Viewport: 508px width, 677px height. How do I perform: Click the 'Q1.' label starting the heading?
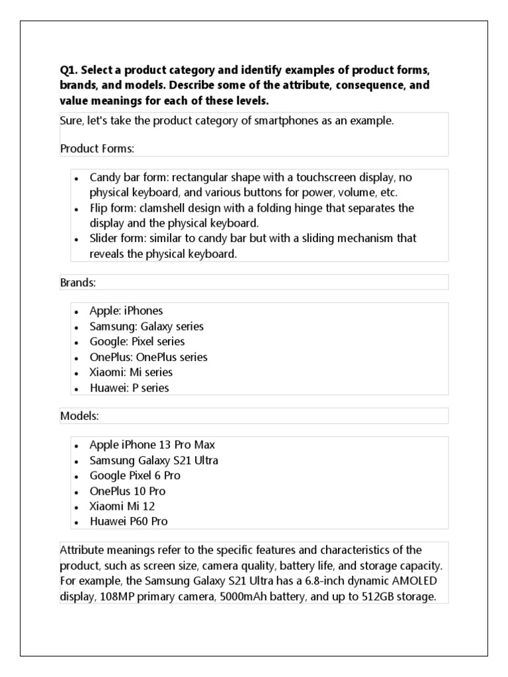tap(69, 71)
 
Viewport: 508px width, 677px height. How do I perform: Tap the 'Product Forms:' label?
tap(97, 148)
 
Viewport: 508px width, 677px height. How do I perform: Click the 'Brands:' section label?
tap(79, 282)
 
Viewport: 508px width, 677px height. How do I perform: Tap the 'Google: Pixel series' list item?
tap(137, 342)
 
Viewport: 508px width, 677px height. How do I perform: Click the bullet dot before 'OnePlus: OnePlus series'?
tap(77, 358)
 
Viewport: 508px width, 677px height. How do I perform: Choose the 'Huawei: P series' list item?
tap(129, 388)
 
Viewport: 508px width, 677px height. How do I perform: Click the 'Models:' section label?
tap(79, 416)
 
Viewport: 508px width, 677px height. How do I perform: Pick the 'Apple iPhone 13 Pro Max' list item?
tap(152, 445)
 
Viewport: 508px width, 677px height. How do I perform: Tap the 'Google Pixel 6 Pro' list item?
tap(135, 475)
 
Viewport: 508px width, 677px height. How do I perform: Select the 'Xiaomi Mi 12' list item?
tap(122, 506)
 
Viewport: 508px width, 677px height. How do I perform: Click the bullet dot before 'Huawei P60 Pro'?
tap(77, 522)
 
